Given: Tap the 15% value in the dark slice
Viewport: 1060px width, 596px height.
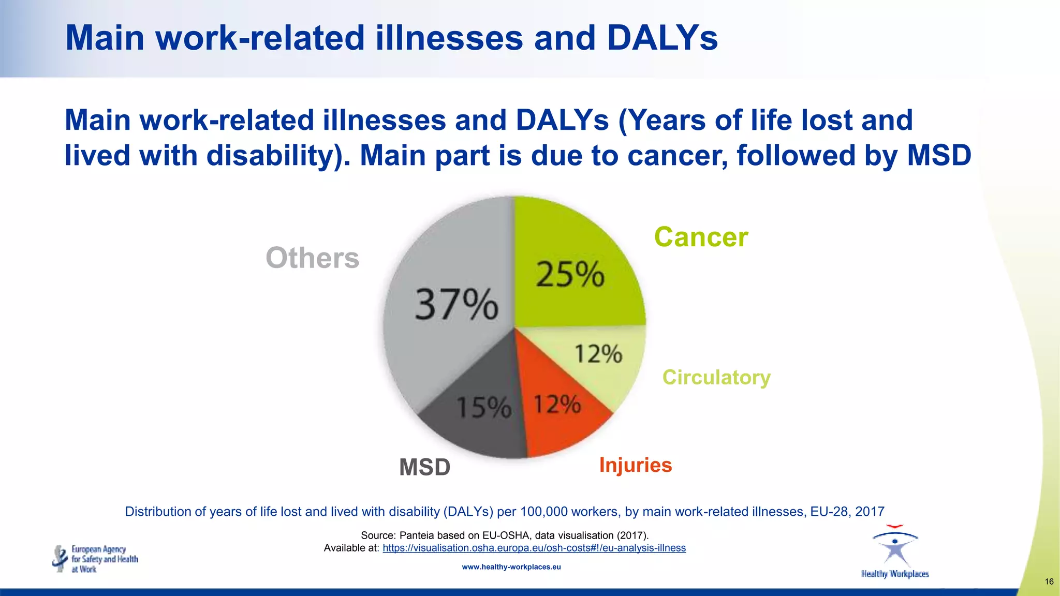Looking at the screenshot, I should tap(484, 407).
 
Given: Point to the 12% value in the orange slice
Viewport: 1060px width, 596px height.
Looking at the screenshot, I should tap(557, 404).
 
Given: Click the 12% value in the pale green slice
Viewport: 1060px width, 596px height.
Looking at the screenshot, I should tap(598, 354).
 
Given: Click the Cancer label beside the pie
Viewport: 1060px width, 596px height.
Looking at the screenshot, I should tap(701, 237).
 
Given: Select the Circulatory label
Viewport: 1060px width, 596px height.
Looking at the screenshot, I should tap(716, 377).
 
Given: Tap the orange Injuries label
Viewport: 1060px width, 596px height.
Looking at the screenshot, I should tap(635, 465).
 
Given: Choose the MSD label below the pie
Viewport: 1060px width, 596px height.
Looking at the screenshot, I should tap(424, 467).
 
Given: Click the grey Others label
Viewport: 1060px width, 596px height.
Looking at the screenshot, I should tap(312, 258).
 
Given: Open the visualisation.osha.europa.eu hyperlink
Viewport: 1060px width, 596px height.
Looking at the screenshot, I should tap(534, 548).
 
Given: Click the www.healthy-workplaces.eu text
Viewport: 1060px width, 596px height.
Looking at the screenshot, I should tap(511, 567).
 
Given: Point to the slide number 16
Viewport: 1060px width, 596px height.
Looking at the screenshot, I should tap(1049, 582).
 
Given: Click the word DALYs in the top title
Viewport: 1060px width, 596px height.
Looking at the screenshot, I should tap(662, 38).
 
